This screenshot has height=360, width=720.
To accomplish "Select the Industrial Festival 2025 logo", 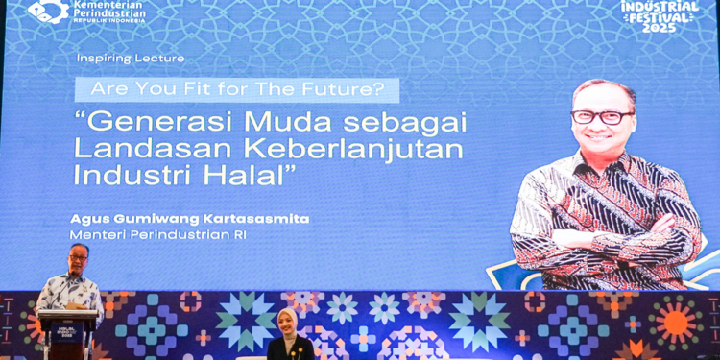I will click(660, 15).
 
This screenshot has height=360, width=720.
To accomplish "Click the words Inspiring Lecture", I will click(131, 59).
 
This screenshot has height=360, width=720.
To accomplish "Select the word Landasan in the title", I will click(150, 150).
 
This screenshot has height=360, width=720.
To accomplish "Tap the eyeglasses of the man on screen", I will click(603, 117).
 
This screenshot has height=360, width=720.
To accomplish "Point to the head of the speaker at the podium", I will click(78, 255).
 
